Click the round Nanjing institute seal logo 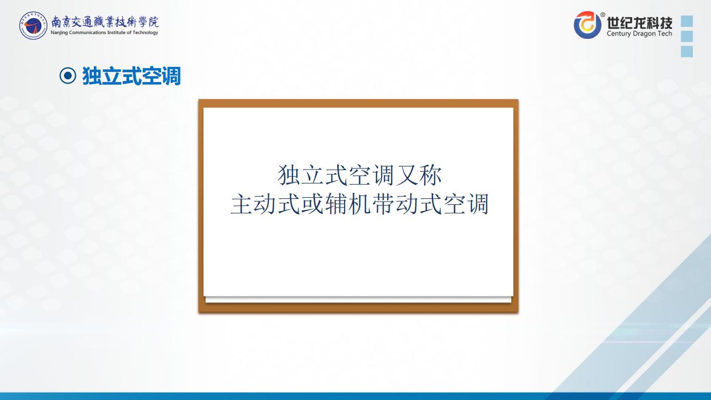[33, 26]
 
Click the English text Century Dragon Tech [640, 33]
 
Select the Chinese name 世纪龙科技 [640, 22]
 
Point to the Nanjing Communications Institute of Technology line [105, 33]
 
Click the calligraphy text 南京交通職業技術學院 [105, 22]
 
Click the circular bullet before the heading [68, 76]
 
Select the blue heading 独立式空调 [131, 76]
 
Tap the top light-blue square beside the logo [687, 21]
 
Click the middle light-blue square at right [687, 36]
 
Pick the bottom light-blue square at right [687, 51]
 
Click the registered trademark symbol [603, 14]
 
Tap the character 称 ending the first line [430, 175]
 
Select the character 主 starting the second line [242, 204]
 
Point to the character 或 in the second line [313, 204]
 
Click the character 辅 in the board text [336, 204]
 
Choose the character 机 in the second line [360, 204]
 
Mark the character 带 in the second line [384, 204]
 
